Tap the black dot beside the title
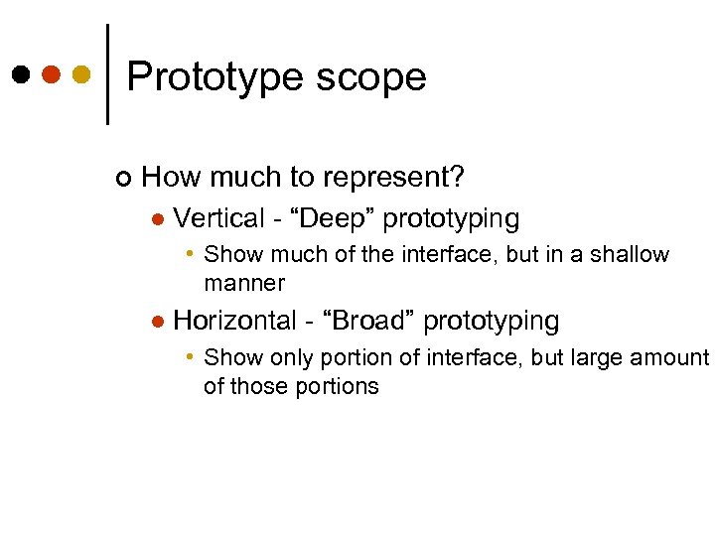(21, 74)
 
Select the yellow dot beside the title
(81, 74)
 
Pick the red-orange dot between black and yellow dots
(52, 74)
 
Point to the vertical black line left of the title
(107, 74)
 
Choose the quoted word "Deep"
(330, 217)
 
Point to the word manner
(244, 284)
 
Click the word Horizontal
(234, 321)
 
